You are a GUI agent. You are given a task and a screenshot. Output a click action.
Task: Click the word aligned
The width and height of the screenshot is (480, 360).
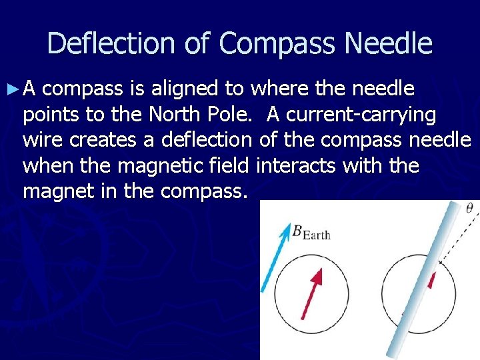pos(206,89)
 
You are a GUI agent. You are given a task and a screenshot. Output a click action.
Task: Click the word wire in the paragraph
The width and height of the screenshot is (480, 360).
pos(42,141)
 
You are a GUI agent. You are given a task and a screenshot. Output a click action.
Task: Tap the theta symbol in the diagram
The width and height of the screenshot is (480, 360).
pos(469,209)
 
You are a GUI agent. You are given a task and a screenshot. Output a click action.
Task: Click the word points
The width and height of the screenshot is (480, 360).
pos(51,115)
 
